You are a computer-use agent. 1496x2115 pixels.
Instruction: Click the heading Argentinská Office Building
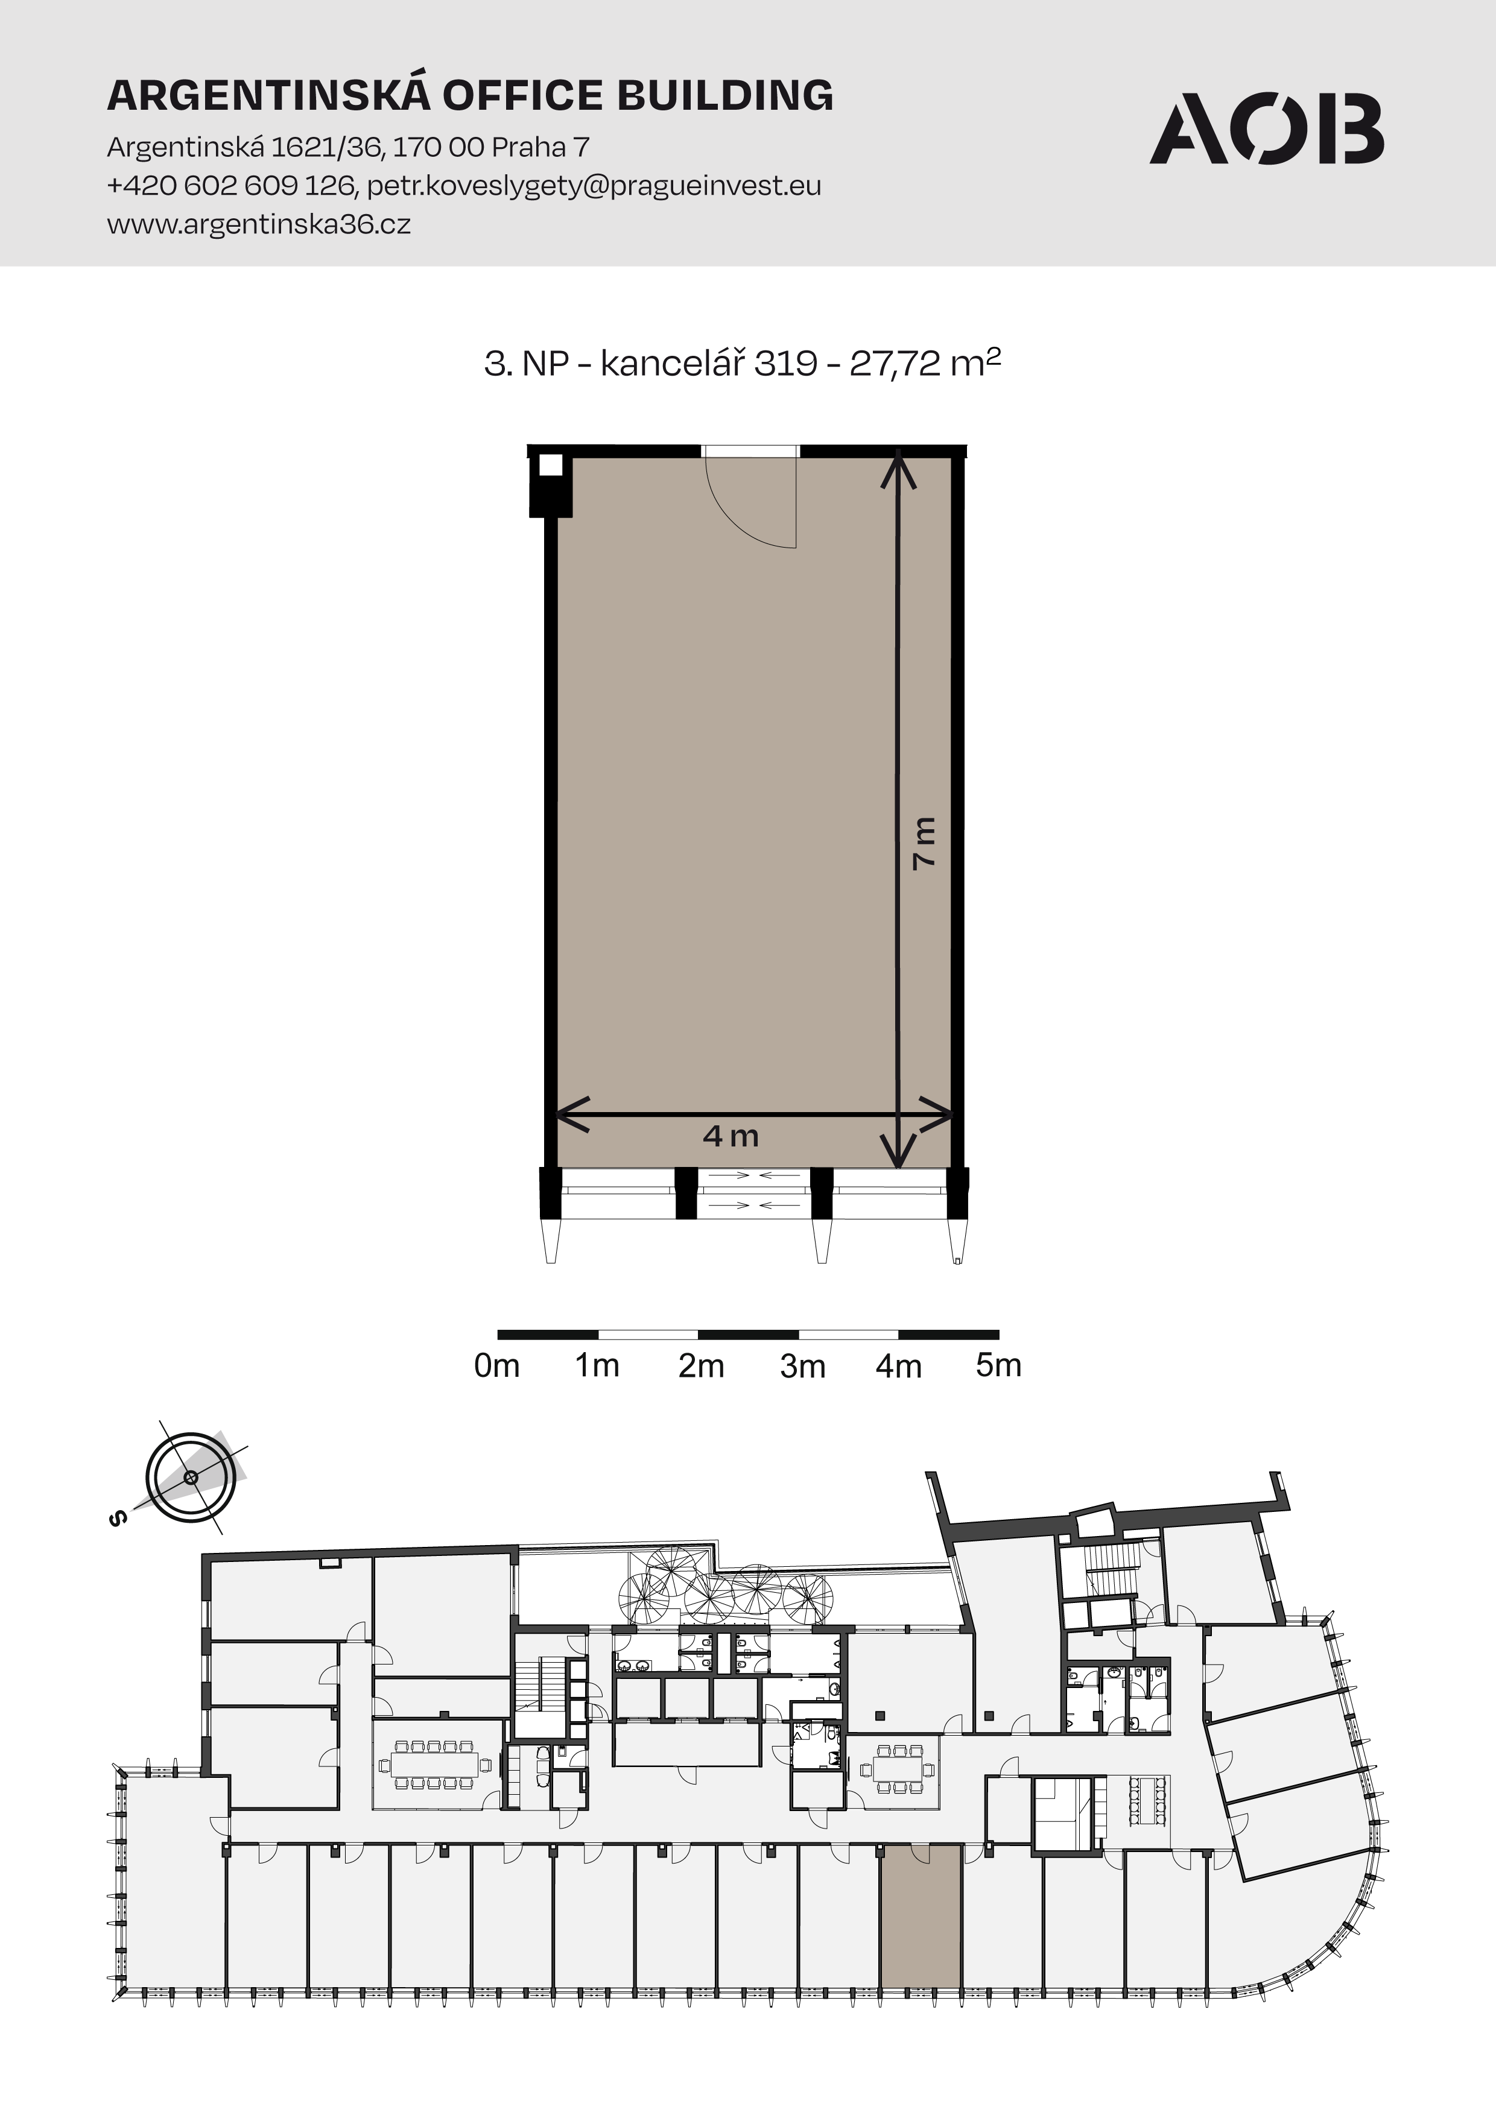[x=470, y=95]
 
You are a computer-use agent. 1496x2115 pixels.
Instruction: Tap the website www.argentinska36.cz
[x=259, y=224]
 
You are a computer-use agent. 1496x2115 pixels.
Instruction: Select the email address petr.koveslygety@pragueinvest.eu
[x=594, y=186]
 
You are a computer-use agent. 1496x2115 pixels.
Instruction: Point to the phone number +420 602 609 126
[x=230, y=186]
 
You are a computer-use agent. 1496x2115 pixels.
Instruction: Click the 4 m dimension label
[x=731, y=1136]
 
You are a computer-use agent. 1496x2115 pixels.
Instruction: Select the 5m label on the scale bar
[x=998, y=1365]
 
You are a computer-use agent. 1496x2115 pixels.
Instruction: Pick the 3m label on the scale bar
[x=802, y=1366]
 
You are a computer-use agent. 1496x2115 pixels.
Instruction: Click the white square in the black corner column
[x=550, y=464]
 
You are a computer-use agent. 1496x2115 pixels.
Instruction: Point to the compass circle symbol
[x=191, y=1478]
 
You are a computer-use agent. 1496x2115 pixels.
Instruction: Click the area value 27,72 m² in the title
[x=925, y=363]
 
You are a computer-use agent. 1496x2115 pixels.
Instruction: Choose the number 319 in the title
[x=786, y=364]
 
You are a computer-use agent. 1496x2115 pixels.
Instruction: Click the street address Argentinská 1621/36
[x=244, y=147]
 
